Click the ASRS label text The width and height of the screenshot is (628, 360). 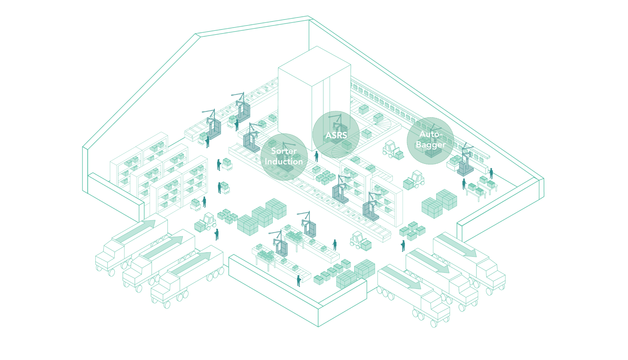pyautogui.click(x=336, y=135)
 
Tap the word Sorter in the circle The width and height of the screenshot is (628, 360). pyautogui.click(x=284, y=151)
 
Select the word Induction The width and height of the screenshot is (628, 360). pyautogui.click(x=284, y=162)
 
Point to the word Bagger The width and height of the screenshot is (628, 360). pyautogui.click(x=430, y=145)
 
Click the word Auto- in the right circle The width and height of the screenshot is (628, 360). pyautogui.click(x=430, y=134)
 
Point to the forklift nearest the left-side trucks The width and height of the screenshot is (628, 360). pyautogui.click(x=206, y=222)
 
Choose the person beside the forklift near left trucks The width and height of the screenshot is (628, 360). pyautogui.click(x=217, y=234)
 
